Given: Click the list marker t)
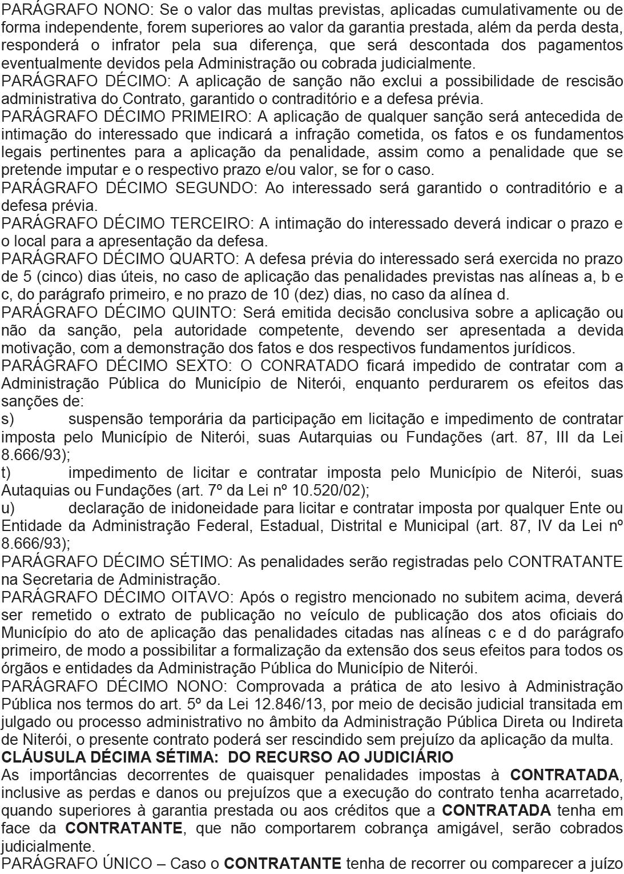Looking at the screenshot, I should click(x=6, y=473).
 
